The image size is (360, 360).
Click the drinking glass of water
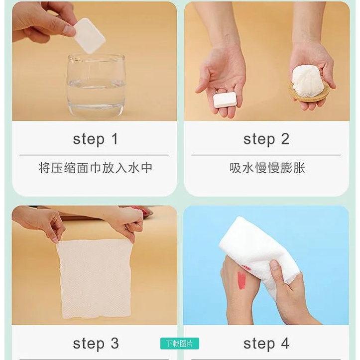coord(97,86)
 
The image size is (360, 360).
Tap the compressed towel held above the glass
coord(90,36)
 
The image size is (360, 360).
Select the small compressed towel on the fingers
coord(225,100)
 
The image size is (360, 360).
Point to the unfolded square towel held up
coord(95,278)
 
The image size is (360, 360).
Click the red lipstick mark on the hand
coord(241,280)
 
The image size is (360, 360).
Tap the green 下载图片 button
coord(180,344)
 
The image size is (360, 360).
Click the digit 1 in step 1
coord(115,139)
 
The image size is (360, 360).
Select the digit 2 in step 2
coord(285,139)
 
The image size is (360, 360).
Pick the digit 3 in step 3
coord(115,344)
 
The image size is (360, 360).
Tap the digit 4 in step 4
coord(285,344)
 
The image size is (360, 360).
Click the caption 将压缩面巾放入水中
coord(95,168)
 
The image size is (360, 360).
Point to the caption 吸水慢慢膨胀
coord(267,168)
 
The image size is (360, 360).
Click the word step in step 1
coord(89,139)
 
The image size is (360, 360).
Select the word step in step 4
coord(259,345)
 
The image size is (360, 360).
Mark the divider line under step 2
coord(266,155)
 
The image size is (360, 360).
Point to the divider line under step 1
coord(94,155)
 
